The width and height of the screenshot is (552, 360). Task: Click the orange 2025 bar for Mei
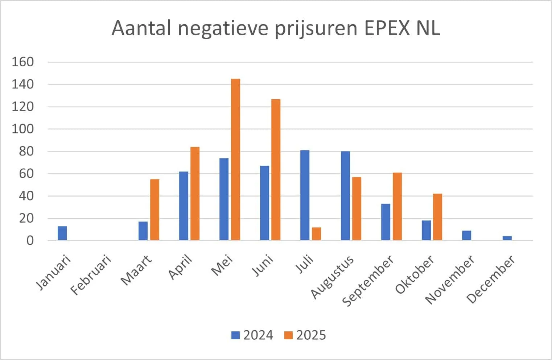pos(236,160)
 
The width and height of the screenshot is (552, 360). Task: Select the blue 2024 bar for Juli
pos(305,195)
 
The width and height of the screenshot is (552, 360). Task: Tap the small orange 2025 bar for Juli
pos(316,233)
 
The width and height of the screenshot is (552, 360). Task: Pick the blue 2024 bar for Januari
pos(62,233)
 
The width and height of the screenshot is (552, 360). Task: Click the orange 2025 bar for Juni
pos(276,170)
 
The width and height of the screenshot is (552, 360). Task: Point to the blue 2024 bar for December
pos(507,238)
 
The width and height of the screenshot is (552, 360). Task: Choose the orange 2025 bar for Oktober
pos(438,217)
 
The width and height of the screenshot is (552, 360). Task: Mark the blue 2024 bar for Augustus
pos(346,196)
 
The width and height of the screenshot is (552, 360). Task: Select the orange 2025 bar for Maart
pos(155,210)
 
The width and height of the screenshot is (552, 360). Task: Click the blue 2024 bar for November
pos(467,235)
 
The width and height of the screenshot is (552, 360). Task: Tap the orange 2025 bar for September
pos(397,207)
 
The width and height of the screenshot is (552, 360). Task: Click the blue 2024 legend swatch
pos(236,335)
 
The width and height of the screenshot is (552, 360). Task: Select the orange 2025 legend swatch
pos(288,335)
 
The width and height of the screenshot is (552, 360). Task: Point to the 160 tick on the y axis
pos(23,62)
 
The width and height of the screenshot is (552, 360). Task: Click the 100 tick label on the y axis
pos(23,129)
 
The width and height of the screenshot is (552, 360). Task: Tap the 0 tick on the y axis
pos(30,241)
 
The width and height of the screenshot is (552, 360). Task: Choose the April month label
pos(180,267)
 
